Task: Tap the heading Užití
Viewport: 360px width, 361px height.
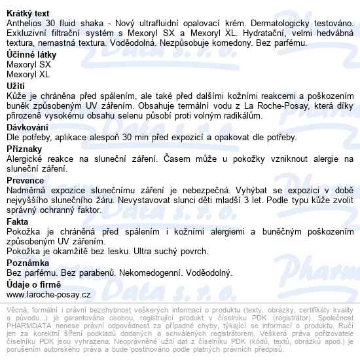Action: click(14, 86)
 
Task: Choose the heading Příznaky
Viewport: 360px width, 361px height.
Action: click(24, 149)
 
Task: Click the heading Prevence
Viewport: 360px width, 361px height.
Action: click(25, 180)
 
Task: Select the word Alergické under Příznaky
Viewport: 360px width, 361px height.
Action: click(26, 159)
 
